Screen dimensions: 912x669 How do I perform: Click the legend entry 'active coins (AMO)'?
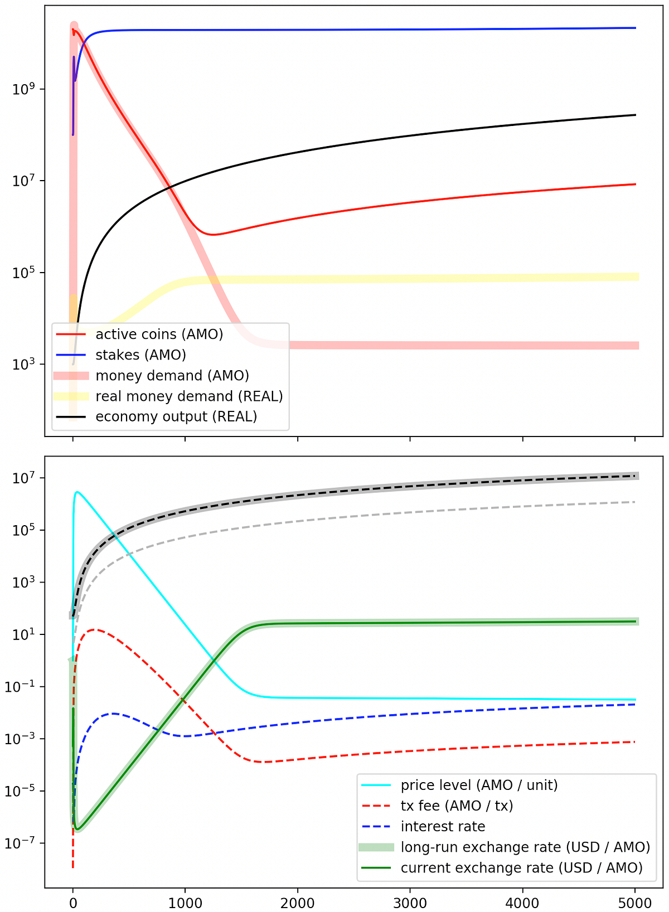(159, 334)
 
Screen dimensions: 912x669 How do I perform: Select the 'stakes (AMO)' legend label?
(140, 355)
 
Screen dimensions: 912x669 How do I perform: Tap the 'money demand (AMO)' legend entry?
(172, 375)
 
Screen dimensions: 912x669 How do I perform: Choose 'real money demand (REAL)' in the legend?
(189, 396)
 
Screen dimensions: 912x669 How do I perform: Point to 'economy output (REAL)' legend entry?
(176, 417)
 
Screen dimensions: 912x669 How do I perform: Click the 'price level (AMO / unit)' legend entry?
(479, 785)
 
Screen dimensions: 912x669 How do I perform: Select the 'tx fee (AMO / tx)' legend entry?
(457, 806)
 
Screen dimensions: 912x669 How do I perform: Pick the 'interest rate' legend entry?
(443, 826)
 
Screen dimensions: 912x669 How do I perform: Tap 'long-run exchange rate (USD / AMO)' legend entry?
(525, 847)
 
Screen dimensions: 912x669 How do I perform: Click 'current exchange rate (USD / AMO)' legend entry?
(521, 868)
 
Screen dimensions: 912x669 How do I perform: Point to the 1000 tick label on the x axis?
(185, 903)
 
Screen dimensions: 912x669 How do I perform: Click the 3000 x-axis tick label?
(410, 903)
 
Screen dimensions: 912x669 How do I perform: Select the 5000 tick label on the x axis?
(635, 903)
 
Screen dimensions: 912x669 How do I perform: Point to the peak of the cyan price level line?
(77, 492)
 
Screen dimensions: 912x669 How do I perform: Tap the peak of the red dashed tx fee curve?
(96, 630)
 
